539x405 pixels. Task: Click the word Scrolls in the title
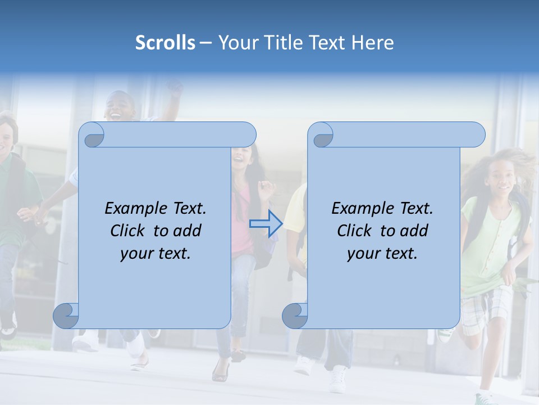pos(165,43)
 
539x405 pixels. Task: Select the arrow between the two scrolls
pos(265,224)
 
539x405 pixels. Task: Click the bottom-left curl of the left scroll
pos(66,315)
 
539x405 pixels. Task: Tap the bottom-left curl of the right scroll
pos(294,315)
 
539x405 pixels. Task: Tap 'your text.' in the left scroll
pos(155,253)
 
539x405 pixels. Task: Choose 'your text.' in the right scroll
pos(382,253)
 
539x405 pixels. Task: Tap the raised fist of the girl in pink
pos(264,187)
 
